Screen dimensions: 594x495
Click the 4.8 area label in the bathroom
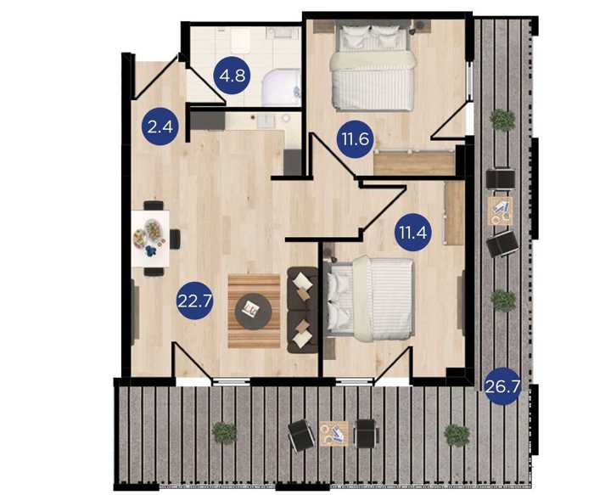coord(233,76)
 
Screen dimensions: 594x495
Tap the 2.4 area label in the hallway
coord(160,127)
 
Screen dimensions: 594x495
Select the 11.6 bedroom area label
coord(356,139)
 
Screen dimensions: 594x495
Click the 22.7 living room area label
coord(195,301)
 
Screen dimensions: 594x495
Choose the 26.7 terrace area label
coord(502,386)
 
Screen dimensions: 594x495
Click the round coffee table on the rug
coord(254,312)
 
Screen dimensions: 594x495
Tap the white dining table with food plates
coord(150,239)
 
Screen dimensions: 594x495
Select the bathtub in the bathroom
coord(282,87)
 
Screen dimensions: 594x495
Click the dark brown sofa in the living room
coord(302,311)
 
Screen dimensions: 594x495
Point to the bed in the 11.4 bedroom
coord(370,298)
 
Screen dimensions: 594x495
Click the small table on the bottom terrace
coord(333,434)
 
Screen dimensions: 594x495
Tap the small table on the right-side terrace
coord(500,211)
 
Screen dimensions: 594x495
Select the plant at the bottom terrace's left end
coord(224,432)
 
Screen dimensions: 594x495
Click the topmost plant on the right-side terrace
coord(502,121)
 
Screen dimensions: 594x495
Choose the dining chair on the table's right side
coord(175,239)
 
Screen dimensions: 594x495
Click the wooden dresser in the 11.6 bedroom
coord(414,163)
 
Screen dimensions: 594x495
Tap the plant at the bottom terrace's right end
coord(457,435)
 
